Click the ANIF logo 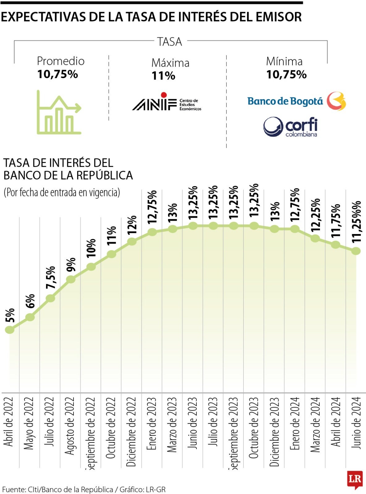pyautogui.click(x=166, y=102)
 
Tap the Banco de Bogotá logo pyautogui.click(x=297, y=101)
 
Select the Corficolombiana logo pyautogui.click(x=290, y=127)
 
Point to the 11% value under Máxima pyautogui.click(x=163, y=76)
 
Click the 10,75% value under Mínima pyautogui.click(x=286, y=74)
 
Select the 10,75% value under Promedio pyautogui.click(x=58, y=74)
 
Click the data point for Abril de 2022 pyautogui.click(x=10, y=329)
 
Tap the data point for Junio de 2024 pyautogui.click(x=356, y=251)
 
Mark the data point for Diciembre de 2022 pyautogui.click(x=132, y=241)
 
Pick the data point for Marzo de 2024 pyautogui.click(x=315, y=238)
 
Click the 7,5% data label pyautogui.click(x=51, y=277)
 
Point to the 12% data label pyautogui.click(x=132, y=224)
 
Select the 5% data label pyautogui.click(x=10, y=315)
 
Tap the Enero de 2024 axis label pyautogui.click(x=295, y=424)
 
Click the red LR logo pyautogui.click(x=355, y=479)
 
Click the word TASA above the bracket pyautogui.click(x=170, y=42)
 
